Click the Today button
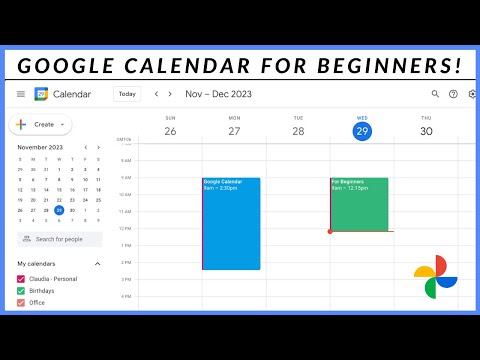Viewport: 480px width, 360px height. (x=127, y=94)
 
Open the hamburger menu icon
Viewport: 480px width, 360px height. (x=21, y=94)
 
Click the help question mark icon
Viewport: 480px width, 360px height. (x=453, y=94)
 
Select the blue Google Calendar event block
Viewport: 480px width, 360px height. (x=231, y=223)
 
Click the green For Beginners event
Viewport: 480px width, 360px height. (x=360, y=204)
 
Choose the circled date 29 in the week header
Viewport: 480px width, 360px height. (x=362, y=131)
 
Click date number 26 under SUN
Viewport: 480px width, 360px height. (x=170, y=131)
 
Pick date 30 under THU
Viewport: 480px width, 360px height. (x=426, y=131)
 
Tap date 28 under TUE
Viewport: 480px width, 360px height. (x=298, y=131)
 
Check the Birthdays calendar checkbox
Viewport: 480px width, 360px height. (x=21, y=290)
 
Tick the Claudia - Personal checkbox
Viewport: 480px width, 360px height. (x=21, y=278)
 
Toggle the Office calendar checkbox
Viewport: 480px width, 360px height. (x=21, y=302)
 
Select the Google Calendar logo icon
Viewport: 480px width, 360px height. (x=41, y=94)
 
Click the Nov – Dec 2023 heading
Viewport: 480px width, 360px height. (x=219, y=94)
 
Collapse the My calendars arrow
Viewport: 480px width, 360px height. (x=97, y=263)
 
